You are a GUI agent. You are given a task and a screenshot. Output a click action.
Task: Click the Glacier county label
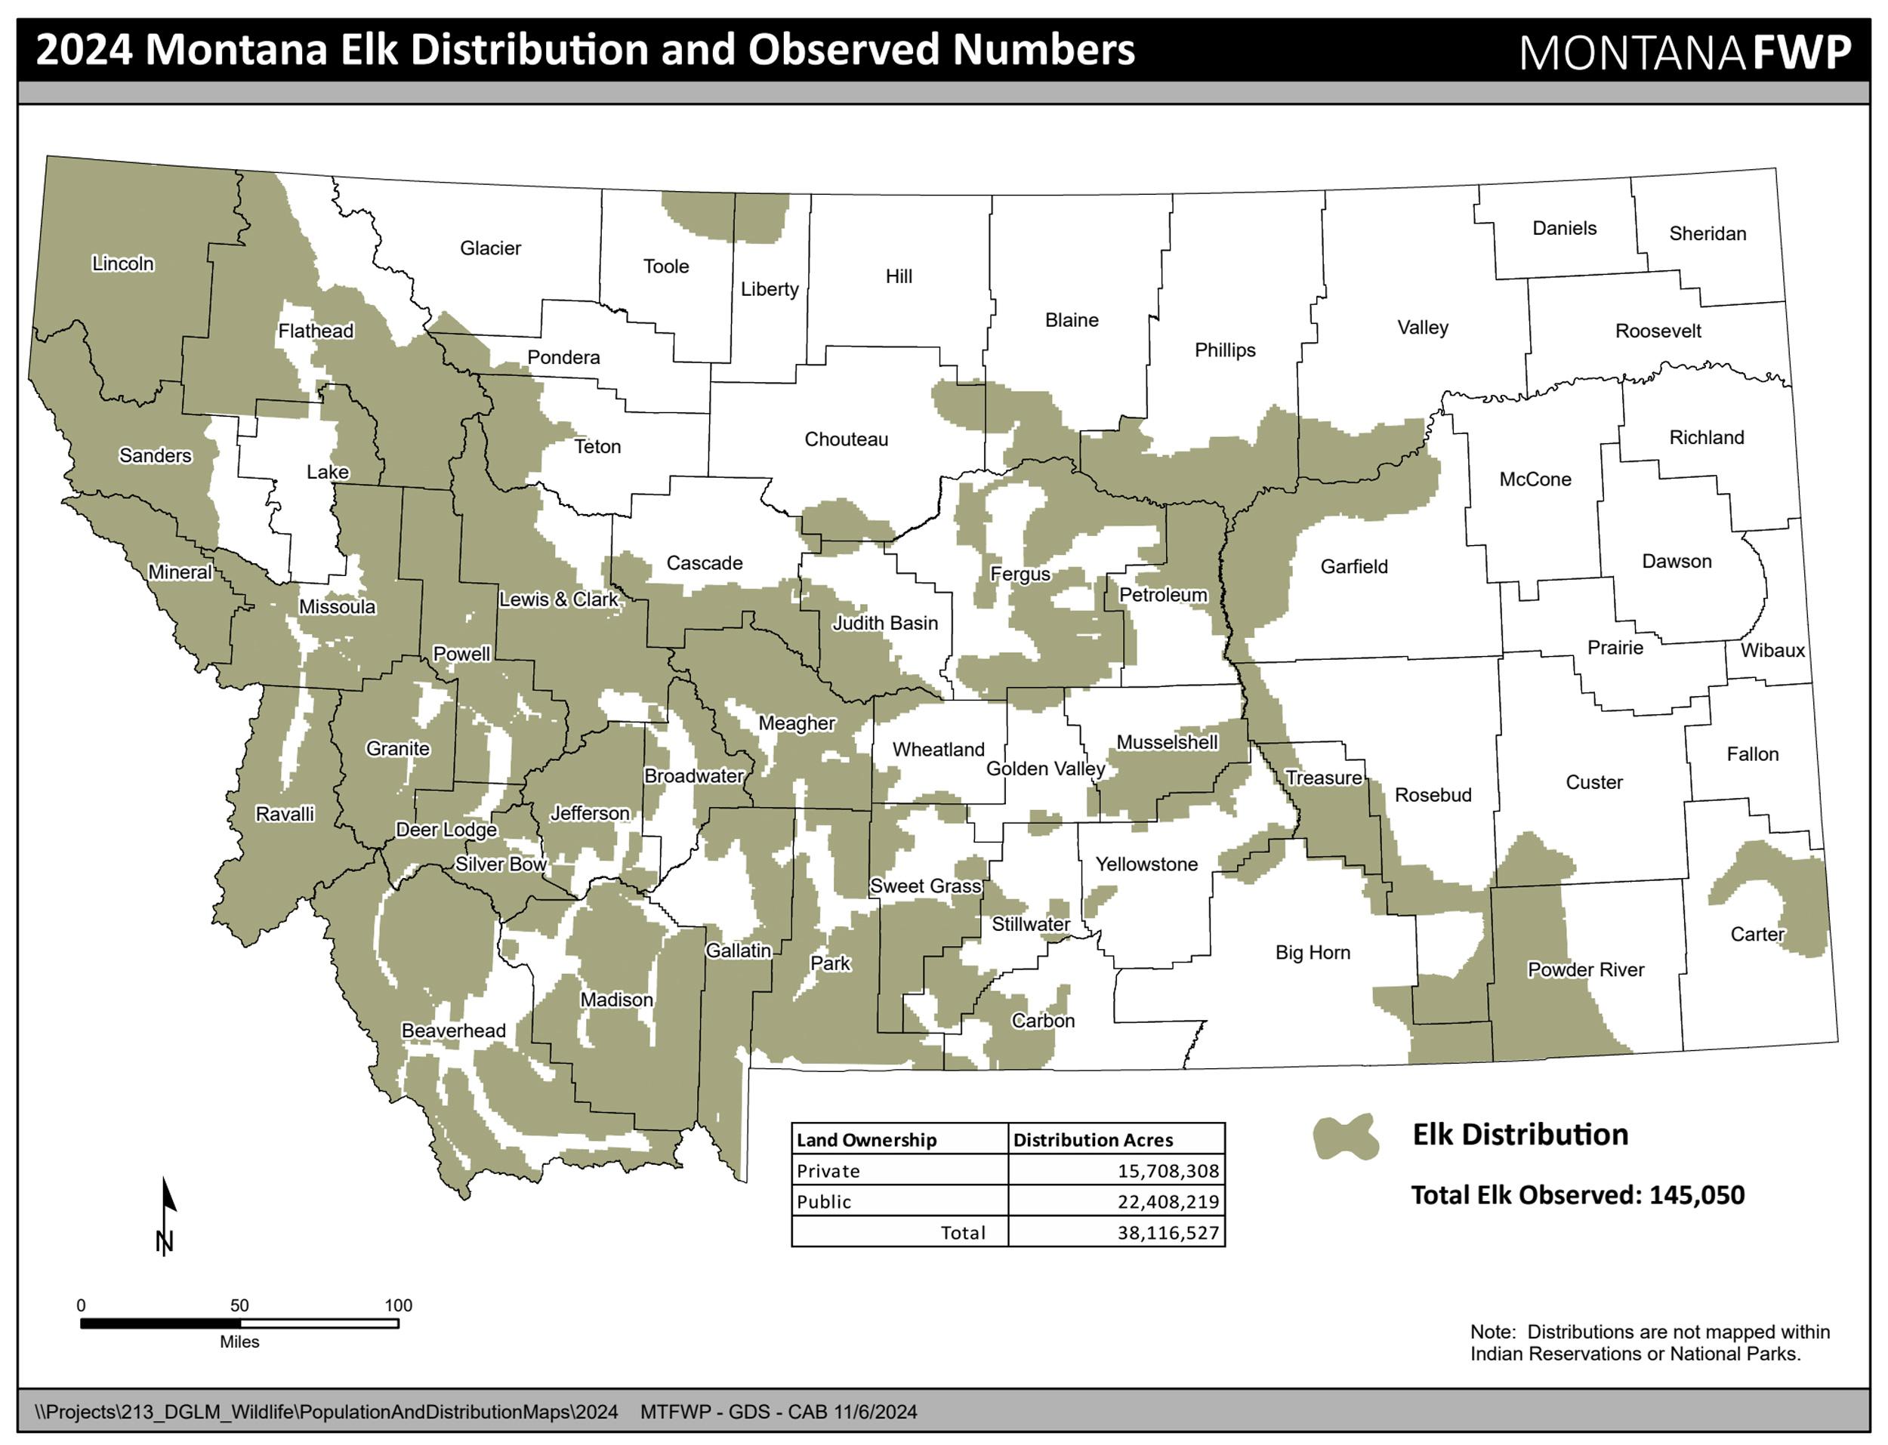(x=490, y=248)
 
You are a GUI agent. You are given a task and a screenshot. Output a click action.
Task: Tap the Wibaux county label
(x=1772, y=650)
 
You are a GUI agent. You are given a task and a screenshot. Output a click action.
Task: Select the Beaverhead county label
(x=453, y=1031)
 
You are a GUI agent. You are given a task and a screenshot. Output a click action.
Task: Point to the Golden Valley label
(x=1045, y=769)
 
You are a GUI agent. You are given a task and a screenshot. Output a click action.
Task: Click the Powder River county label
(x=1585, y=969)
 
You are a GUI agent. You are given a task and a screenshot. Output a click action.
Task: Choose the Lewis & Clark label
(x=558, y=599)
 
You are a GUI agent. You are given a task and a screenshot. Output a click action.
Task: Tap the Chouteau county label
(x=846, y=439)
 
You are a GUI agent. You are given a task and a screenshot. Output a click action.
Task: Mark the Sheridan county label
(x=1708, y=234)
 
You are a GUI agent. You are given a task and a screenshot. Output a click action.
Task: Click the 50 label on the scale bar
(x=239, y=1305)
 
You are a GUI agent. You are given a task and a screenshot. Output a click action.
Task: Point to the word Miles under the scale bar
(x=239, y=1342)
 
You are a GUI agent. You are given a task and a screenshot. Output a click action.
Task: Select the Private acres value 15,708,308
(x=1168, y=1172)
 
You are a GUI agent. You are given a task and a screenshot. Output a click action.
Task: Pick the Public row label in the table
(x=823, y=1203)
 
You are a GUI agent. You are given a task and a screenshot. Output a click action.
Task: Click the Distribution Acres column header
(x=1092, y=1141)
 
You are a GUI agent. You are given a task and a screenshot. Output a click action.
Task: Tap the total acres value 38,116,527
(x=1168, y=1234)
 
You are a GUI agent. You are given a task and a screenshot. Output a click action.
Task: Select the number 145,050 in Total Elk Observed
(x=1696, y=1196)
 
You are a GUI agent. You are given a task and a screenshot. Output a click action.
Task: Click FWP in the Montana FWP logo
(x=1801, y=52)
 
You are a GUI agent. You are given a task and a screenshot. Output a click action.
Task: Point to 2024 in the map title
(x=85, y=51)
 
